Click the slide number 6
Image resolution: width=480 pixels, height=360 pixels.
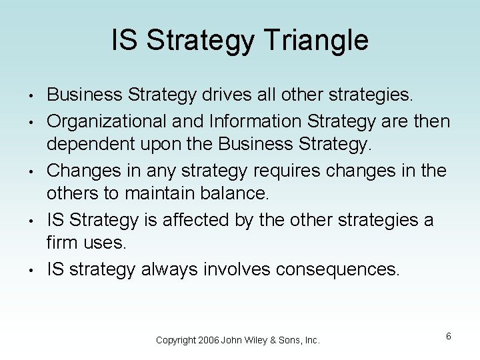point(449,336)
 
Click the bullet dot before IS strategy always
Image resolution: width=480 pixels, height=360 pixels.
point(31,269)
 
